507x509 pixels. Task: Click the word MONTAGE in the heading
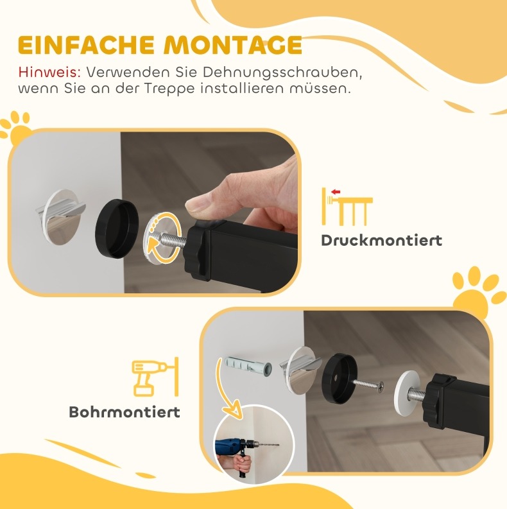[233, 45]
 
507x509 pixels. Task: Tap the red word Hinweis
[49, 72]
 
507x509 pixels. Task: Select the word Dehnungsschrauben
[282, 73]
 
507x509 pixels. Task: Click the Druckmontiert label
[382, 241]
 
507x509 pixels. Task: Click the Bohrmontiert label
[125, 412]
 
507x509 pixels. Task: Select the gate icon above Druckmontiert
[347, 207]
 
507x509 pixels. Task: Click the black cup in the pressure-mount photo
[117, 229]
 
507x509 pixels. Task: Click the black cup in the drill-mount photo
[340, 378]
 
